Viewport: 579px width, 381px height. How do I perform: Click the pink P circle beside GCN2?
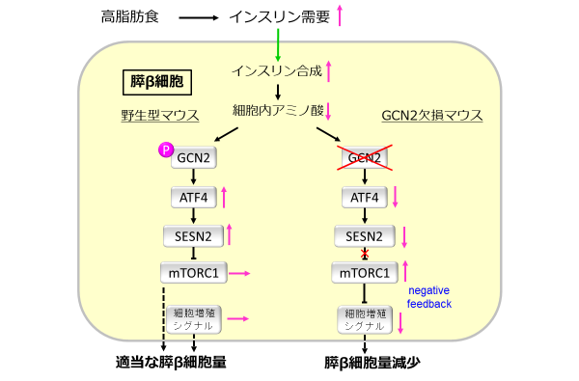pyautogui.click(x=164, y=149)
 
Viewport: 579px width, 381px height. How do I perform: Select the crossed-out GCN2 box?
pyautogui.click(x=364, y=158)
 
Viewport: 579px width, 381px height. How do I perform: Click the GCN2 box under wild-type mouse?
pyautogui.click(x=193, y=158)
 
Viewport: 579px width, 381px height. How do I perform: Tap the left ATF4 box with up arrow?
pyautogui.click(x=193, y=198)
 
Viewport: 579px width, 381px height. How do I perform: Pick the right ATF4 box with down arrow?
pyautogui.click(x=364, y=198)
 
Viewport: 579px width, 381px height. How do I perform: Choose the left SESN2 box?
pyautogui.click(x=193, y=235)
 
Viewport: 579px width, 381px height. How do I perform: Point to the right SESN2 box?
pyautogui.click(x=364, y=235)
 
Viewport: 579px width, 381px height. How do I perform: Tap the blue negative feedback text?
pyautogui.click(x=429, y=296)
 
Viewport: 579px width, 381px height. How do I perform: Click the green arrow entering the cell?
pyautogui.click(x=278, y=44)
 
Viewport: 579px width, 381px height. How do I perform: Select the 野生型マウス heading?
pyautogui.click(x=159, y=116)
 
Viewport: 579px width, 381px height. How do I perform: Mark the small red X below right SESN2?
pyautogui.click(x=365, y=255)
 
